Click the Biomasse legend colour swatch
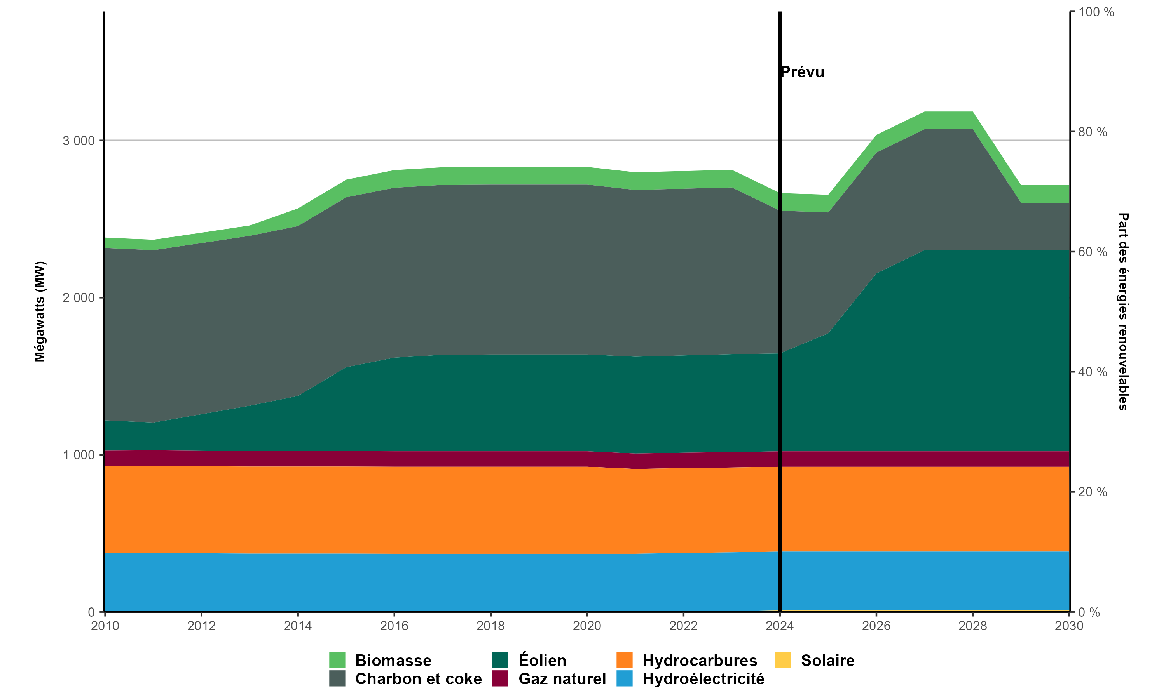[337, 660]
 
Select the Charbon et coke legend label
[418, 679]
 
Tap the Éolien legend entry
[542, 660]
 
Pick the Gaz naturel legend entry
[562, 679]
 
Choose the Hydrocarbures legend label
[700, 660]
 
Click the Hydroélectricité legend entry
[703, 679]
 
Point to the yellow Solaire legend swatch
[783, 660]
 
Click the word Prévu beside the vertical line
[803, 72]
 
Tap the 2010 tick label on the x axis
[105, 626]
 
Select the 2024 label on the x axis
[780, 626]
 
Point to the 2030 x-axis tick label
[1069, 626]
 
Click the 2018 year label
[490, 626]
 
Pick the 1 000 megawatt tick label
[79, 455]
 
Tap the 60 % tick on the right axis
[1093, 252]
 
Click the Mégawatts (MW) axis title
[40, 311]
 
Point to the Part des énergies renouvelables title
[1124, 311]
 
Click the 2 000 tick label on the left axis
[79, 298]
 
